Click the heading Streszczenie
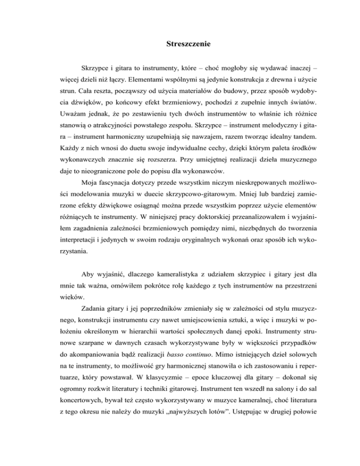click(190, 45)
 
